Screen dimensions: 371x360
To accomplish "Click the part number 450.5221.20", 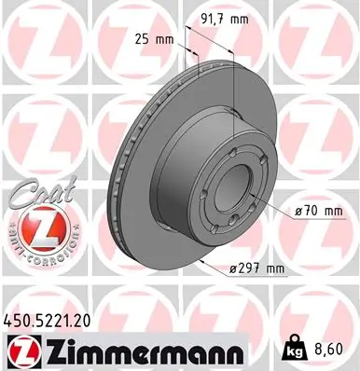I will pyautogui.click(x=48, y=319).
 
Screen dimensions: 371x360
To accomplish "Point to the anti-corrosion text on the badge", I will pyautogui.click(x=40, y=254).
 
